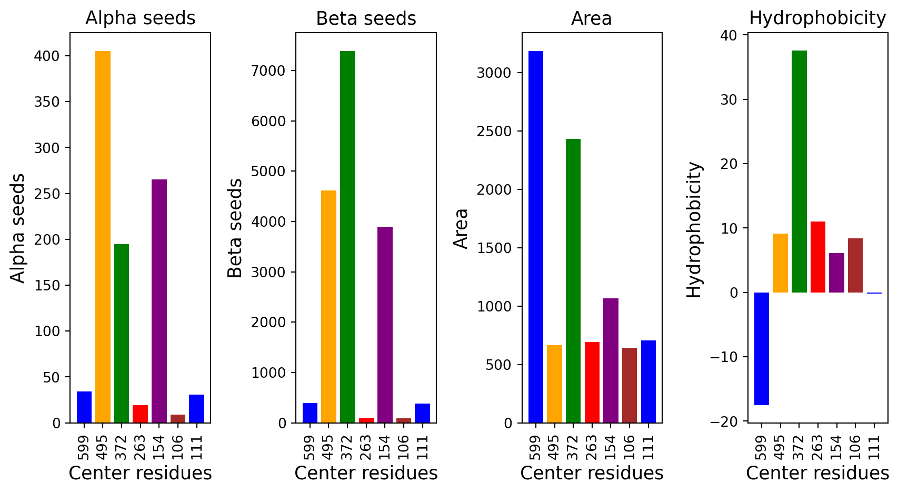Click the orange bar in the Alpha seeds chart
(x=103, y=237)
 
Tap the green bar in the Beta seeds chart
(x=347, y=237)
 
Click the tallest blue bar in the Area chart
(x=535, y=237)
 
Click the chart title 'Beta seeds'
(x=366, y=18)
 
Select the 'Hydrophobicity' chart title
(x=817, y=18)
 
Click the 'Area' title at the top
(x=591, y=18)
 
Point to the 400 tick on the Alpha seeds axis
(x=46, y=56)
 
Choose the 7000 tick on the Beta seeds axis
(x=268, y=71)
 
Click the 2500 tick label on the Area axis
(x=494, y=131)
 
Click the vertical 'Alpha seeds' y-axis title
(x=18, y=228)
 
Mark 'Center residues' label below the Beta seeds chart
(x=366, y=474)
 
